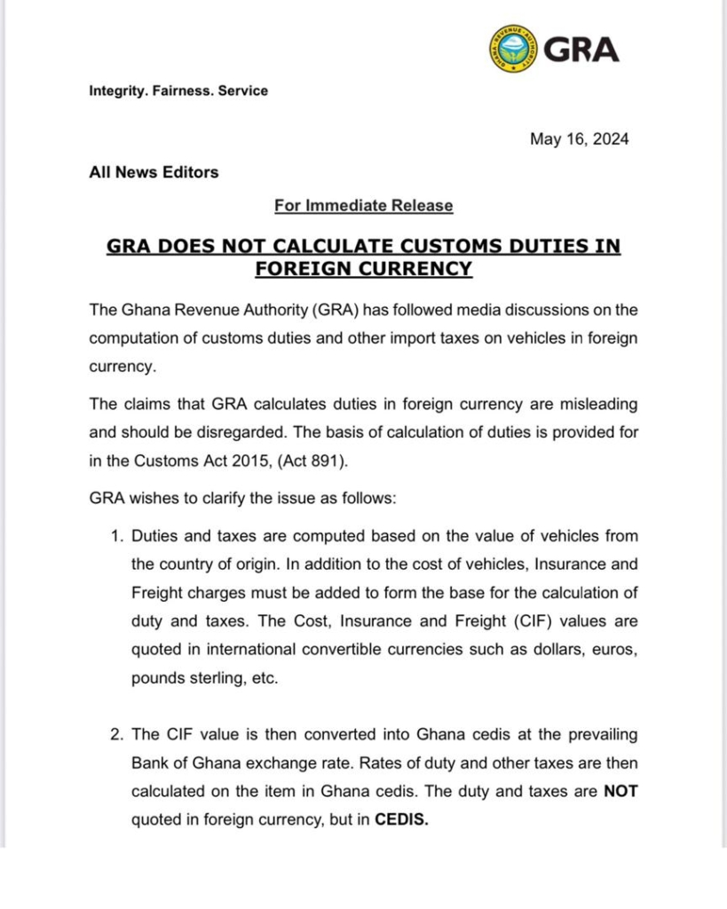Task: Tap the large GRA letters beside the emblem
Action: coord(581,49)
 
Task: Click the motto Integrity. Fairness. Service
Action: coord(178,91)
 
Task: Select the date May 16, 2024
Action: coord(579,139)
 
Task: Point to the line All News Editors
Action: coord(154,172)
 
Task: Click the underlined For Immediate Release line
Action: coord(363,205)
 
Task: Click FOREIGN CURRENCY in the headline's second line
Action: coord(363,267)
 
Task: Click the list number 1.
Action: coord(115,536)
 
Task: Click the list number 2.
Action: coord(115,735)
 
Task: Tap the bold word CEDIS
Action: coord(402,820)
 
